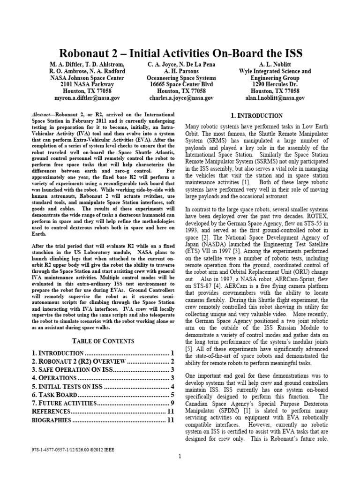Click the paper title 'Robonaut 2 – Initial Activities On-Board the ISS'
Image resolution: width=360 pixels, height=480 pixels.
(x=180, y=52)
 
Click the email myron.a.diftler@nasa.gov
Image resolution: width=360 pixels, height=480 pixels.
(x=87, y=98)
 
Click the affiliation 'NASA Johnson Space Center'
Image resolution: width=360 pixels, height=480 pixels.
(x=87, y=78)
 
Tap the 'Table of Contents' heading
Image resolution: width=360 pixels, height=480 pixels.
(x=102, y=341)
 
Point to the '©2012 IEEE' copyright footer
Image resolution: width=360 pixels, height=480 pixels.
(x=101, y=449)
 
